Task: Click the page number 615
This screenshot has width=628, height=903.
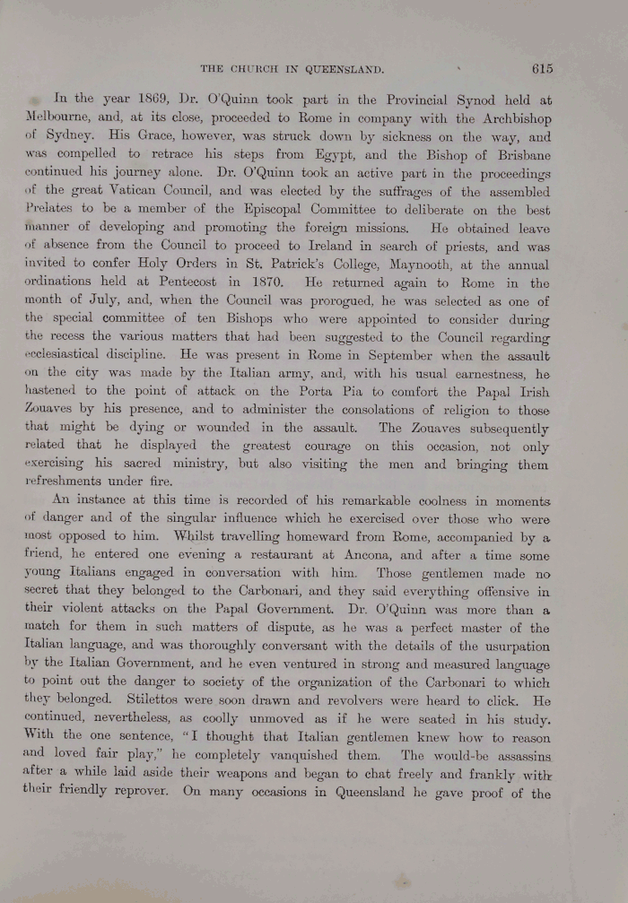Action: coord(541,67)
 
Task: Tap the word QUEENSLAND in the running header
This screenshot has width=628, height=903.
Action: coord(336,68)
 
